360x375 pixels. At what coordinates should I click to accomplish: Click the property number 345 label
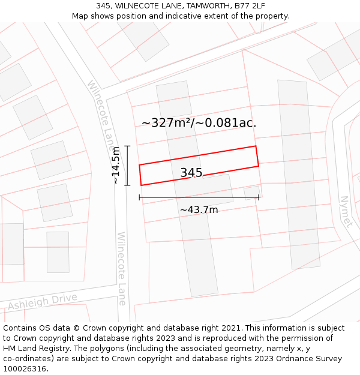191,173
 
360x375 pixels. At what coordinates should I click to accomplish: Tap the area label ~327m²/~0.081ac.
199,123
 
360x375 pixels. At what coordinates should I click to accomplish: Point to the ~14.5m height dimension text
116,166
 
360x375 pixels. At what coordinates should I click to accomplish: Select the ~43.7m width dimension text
199,209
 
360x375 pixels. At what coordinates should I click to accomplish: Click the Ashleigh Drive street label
43,302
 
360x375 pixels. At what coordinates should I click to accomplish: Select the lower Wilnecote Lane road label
122,268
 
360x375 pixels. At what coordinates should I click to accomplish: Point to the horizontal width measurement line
199,197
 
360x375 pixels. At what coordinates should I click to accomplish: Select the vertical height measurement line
127,166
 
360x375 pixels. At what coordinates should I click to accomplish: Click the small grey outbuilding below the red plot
252,193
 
